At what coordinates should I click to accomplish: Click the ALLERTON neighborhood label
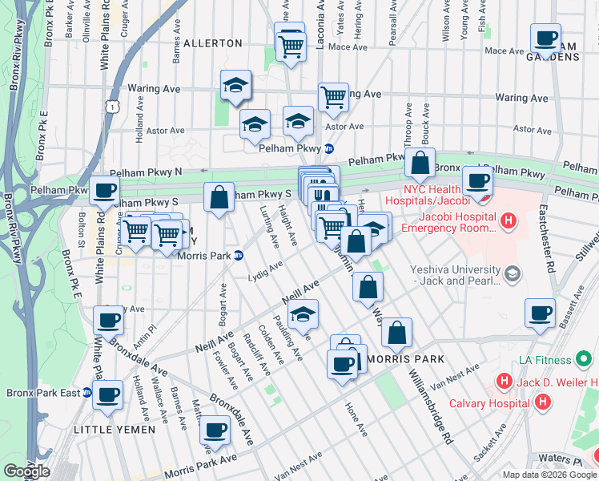click(x=212, y=42)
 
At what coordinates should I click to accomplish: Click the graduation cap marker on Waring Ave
click(x=236, y=85)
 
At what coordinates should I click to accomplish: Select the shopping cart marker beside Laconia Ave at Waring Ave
click(x=333, y=98)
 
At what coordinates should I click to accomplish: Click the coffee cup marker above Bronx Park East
click(x=109, y=321)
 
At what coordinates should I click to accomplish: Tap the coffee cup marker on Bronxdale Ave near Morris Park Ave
click(x=215, y=430)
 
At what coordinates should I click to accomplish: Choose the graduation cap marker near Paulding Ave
click(x=303, y=315)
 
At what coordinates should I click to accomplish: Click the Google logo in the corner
click(x=26, y=471)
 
